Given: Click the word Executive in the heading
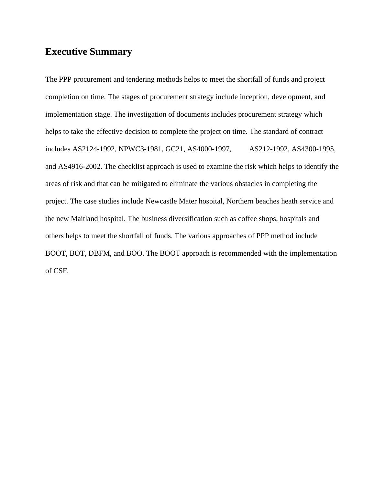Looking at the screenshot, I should tap(66, 52).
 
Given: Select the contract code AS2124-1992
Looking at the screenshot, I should tap(93, 149).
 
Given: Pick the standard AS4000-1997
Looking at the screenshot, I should tap(209, 149).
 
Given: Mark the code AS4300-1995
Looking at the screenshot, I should tap(313, 149).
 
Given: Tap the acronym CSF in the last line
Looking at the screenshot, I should tap(61, 271).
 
